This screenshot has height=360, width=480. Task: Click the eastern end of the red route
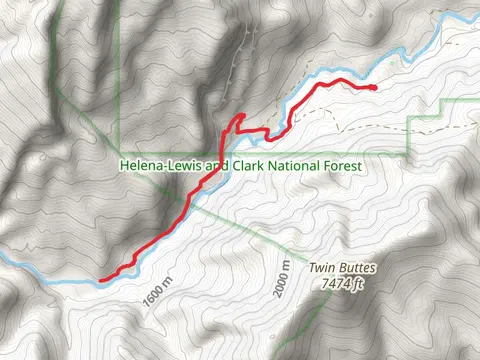(x=374, y=88)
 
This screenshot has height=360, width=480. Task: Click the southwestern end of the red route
(x=102, y=279)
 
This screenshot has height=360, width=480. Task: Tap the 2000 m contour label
(x=281, y=282)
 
